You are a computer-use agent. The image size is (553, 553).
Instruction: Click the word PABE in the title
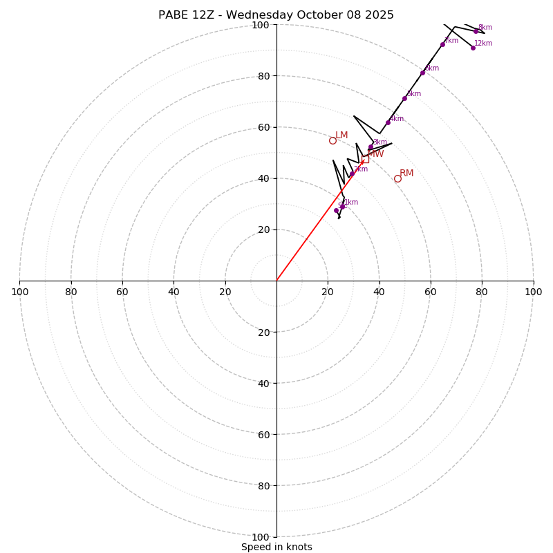click(174, 15)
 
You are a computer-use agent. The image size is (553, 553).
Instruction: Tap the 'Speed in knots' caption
click(276, 547)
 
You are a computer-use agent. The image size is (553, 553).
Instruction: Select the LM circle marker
click(332, 140)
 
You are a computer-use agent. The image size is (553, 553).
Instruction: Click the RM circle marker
click(397, 178)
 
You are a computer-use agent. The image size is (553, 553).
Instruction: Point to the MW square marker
click(365, 160)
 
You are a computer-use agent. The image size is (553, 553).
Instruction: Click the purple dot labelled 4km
click(388, 122)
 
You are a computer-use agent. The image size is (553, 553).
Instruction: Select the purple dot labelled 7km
click(442, 44)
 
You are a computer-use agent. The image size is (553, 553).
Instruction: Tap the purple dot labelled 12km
click(473, 48)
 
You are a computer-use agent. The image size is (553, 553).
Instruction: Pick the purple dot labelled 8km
click(476, 31)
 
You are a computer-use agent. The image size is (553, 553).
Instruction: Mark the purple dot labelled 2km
click(352, 174)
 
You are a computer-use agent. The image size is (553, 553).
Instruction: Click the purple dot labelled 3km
click(371, 147)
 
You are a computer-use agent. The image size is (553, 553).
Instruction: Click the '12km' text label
click(483, 44)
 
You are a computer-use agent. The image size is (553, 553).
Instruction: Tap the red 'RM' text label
click(406, 174)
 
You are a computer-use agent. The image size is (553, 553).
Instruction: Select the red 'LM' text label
click(341, 135)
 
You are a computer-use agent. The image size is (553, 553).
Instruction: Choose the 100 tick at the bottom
click(260, 537)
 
